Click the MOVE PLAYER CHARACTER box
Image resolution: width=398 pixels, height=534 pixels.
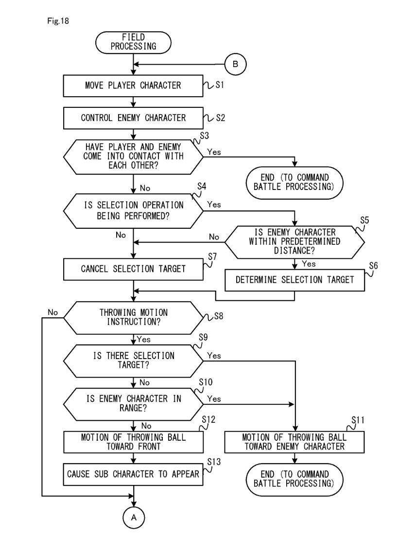click(133, 86)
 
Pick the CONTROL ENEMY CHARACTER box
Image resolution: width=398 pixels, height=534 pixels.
click(133, 118)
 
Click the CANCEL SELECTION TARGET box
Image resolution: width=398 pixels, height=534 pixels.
click(133, 268)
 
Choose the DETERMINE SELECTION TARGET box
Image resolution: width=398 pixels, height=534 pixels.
click(294, 280)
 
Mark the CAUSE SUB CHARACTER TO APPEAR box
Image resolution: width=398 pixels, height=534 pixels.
click(133, 474)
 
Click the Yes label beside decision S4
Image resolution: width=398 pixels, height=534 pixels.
click(214, 205)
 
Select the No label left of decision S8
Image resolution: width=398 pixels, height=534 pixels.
click(53, 313)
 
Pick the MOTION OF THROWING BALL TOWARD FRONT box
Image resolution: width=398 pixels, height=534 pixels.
click(133, 441)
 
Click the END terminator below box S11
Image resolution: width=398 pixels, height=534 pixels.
click(294, 478)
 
